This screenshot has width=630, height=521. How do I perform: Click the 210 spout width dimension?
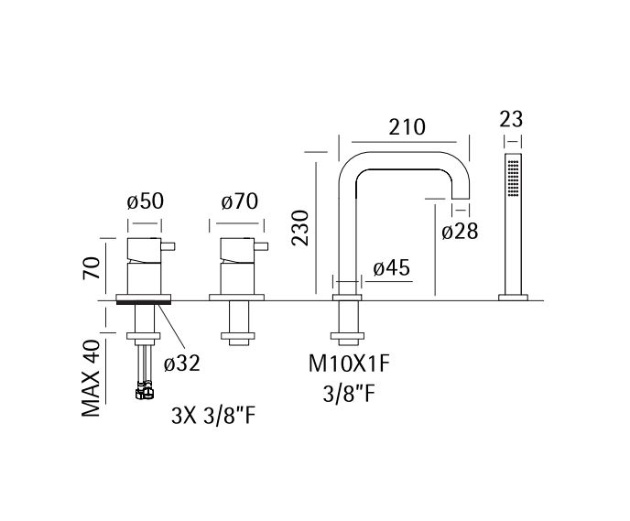(x=407, y=127)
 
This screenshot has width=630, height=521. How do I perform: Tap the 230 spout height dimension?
(x=300, y=228)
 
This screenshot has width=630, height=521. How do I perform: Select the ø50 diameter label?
(x=145, y=201)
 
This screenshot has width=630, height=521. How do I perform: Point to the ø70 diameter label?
(x=240, y=201)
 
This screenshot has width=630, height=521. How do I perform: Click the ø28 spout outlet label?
(x=460, y=232)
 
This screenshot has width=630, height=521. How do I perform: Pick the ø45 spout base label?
(x=391, y=268)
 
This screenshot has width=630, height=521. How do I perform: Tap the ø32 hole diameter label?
(x=181, y=364)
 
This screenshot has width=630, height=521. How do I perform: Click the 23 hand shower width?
(x=511, y=119)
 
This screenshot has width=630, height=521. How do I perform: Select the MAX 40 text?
(x=91, y=378)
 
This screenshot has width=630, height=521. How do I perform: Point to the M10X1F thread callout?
(x=349, y=364)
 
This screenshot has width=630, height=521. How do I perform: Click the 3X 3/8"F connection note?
(x=213, y=416)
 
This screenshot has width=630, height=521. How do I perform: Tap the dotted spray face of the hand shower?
(x=513, y=179)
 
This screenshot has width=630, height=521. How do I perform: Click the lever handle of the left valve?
(x=168, y=245)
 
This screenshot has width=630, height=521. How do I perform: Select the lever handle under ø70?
(x=261, y=245)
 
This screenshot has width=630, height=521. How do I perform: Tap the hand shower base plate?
(x=513, y=298)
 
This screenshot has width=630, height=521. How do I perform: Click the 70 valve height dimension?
(x=92, y=268)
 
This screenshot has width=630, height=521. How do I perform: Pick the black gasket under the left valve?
(x=144, y=302)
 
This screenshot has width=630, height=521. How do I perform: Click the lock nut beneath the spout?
(x=347, y=336)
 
